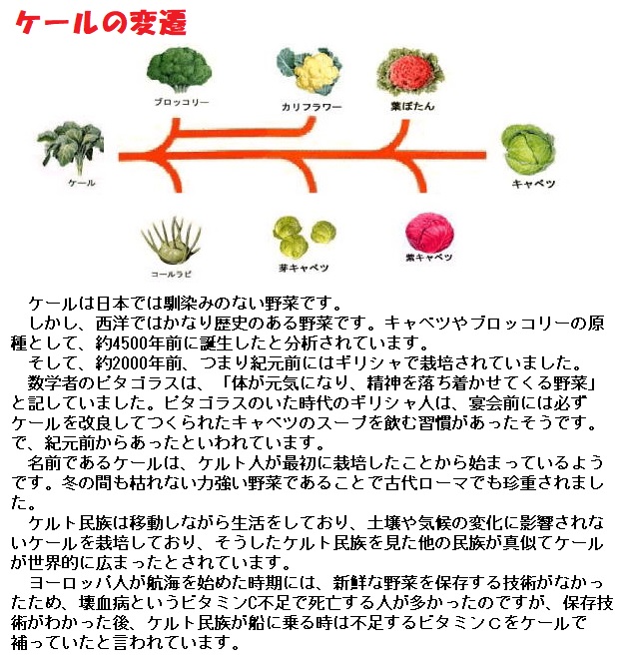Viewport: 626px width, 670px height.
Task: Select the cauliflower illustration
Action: click(309, 71)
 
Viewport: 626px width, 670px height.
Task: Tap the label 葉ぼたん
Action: click(410, 104)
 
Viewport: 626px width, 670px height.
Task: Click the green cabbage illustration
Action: click(528, 150)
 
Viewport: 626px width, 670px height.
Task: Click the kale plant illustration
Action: click(71, 149)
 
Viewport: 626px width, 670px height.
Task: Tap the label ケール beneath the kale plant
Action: click(81, 184)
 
